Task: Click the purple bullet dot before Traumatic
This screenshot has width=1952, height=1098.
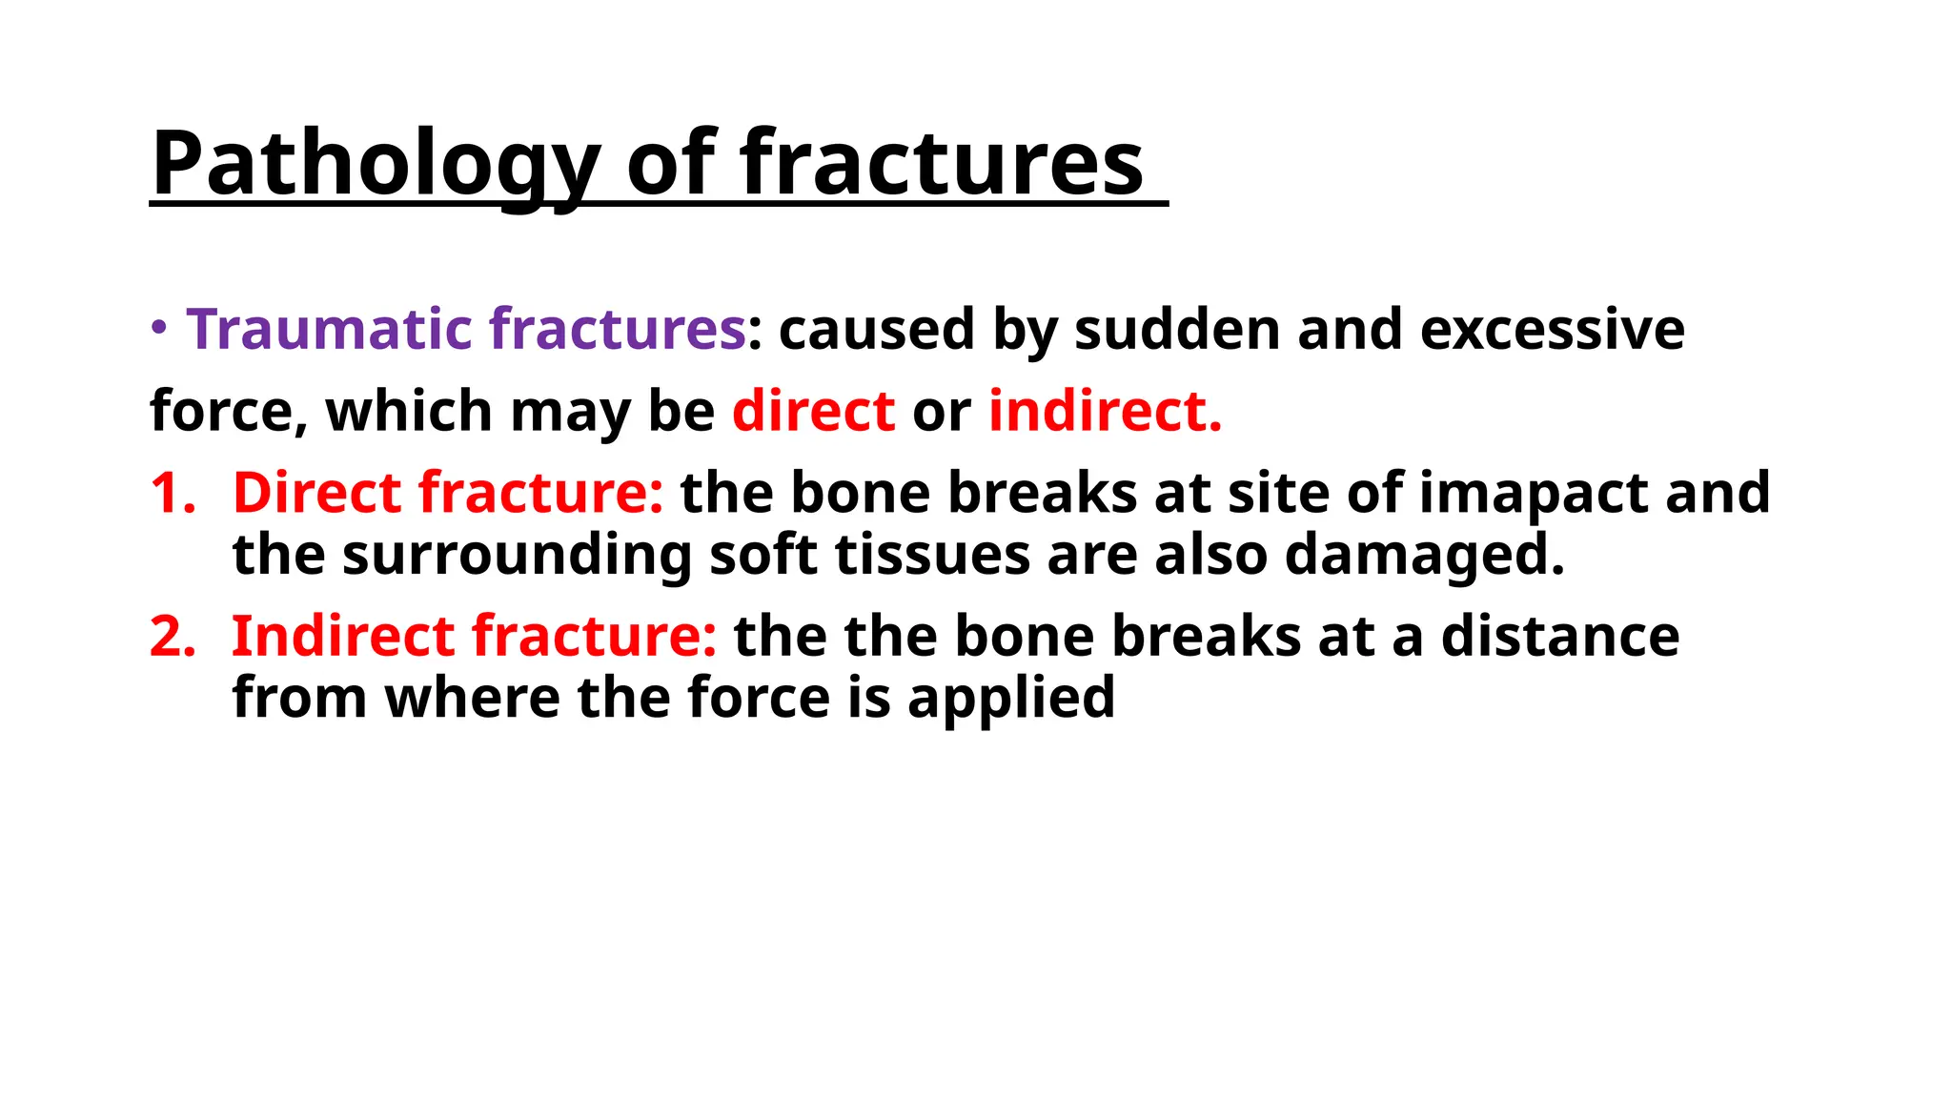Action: pos(159,328)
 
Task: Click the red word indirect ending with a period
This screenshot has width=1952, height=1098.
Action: pos(1105,412)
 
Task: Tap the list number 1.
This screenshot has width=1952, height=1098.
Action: pos(172,494)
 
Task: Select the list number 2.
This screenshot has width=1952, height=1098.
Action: pos(173,637)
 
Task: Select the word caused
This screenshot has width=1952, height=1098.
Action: pos(877,330)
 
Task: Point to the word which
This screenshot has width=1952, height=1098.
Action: pos(409,412)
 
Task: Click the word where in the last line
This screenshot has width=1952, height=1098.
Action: pos(472,698)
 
